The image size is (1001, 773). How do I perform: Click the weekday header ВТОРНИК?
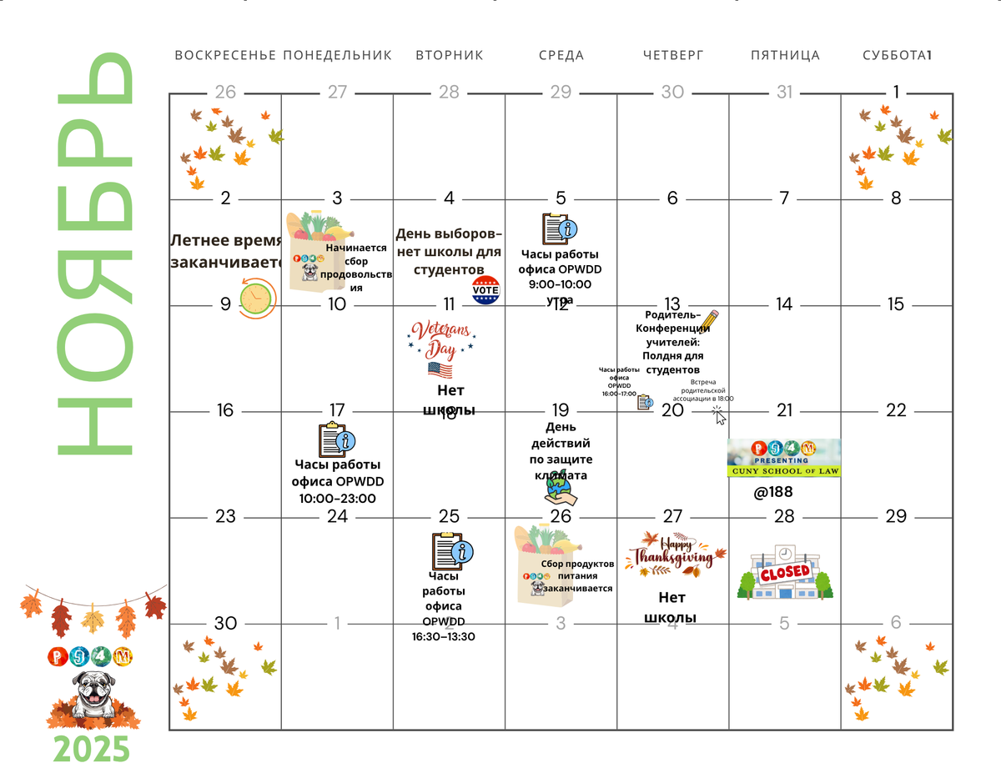coord(449,56)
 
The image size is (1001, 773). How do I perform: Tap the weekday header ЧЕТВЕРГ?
coord(673,56)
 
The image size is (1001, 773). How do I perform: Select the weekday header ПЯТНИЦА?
coord(785,56)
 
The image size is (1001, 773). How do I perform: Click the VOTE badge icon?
coord(485,291)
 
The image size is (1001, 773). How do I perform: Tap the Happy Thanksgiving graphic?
coord(675,555)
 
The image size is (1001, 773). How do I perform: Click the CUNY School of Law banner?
coord(784,458)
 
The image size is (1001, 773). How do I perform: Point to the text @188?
coord(773,492)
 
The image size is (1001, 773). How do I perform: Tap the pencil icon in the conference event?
coord(708,320)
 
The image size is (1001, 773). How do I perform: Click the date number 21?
coord(784,410)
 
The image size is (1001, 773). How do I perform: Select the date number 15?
coord(896,304)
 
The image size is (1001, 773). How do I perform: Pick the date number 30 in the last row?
coord(225,623)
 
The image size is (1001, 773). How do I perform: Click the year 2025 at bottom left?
coord(92,749)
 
